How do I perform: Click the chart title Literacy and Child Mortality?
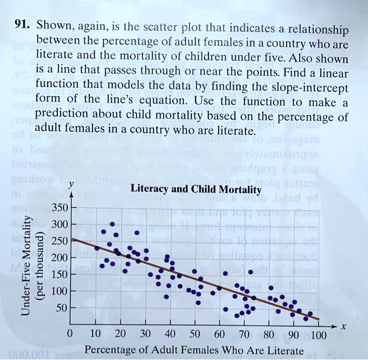196,189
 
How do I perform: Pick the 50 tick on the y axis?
62,307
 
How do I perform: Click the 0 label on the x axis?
70,334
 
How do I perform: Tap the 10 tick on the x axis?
95,334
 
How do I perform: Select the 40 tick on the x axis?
170,334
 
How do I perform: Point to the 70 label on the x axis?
244,334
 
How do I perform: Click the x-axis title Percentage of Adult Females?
194,350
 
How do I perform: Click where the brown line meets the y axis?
71,238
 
